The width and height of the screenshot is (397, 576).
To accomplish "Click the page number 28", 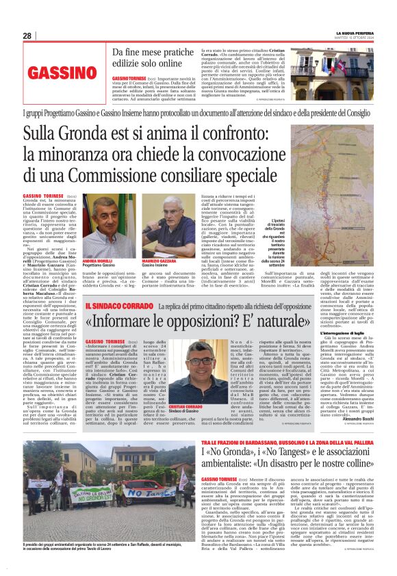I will [27, 36].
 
